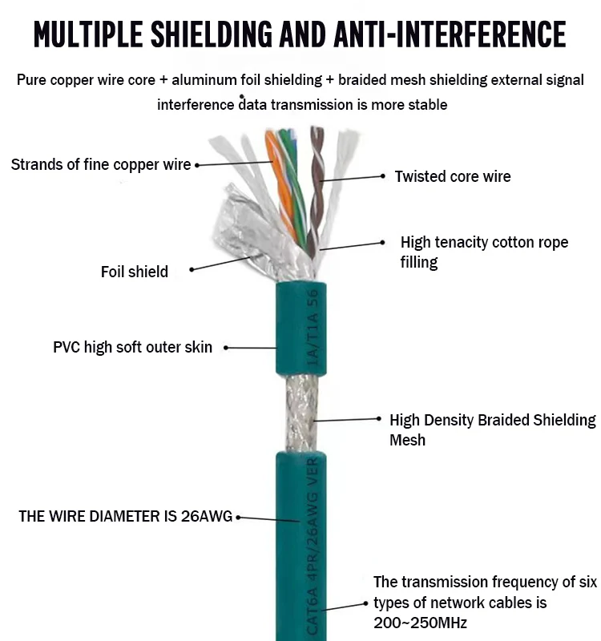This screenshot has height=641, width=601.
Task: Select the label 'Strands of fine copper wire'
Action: [101, 164]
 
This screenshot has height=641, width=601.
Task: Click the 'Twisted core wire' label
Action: [452, 176]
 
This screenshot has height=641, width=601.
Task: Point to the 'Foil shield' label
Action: [135, 272]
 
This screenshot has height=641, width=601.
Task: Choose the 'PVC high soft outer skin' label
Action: [133, 347]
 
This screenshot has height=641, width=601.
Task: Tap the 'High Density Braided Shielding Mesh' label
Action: [492, 429]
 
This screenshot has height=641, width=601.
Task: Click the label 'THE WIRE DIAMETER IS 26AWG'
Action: [125, 517]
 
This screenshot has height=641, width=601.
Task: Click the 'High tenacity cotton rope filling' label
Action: [484, 252]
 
